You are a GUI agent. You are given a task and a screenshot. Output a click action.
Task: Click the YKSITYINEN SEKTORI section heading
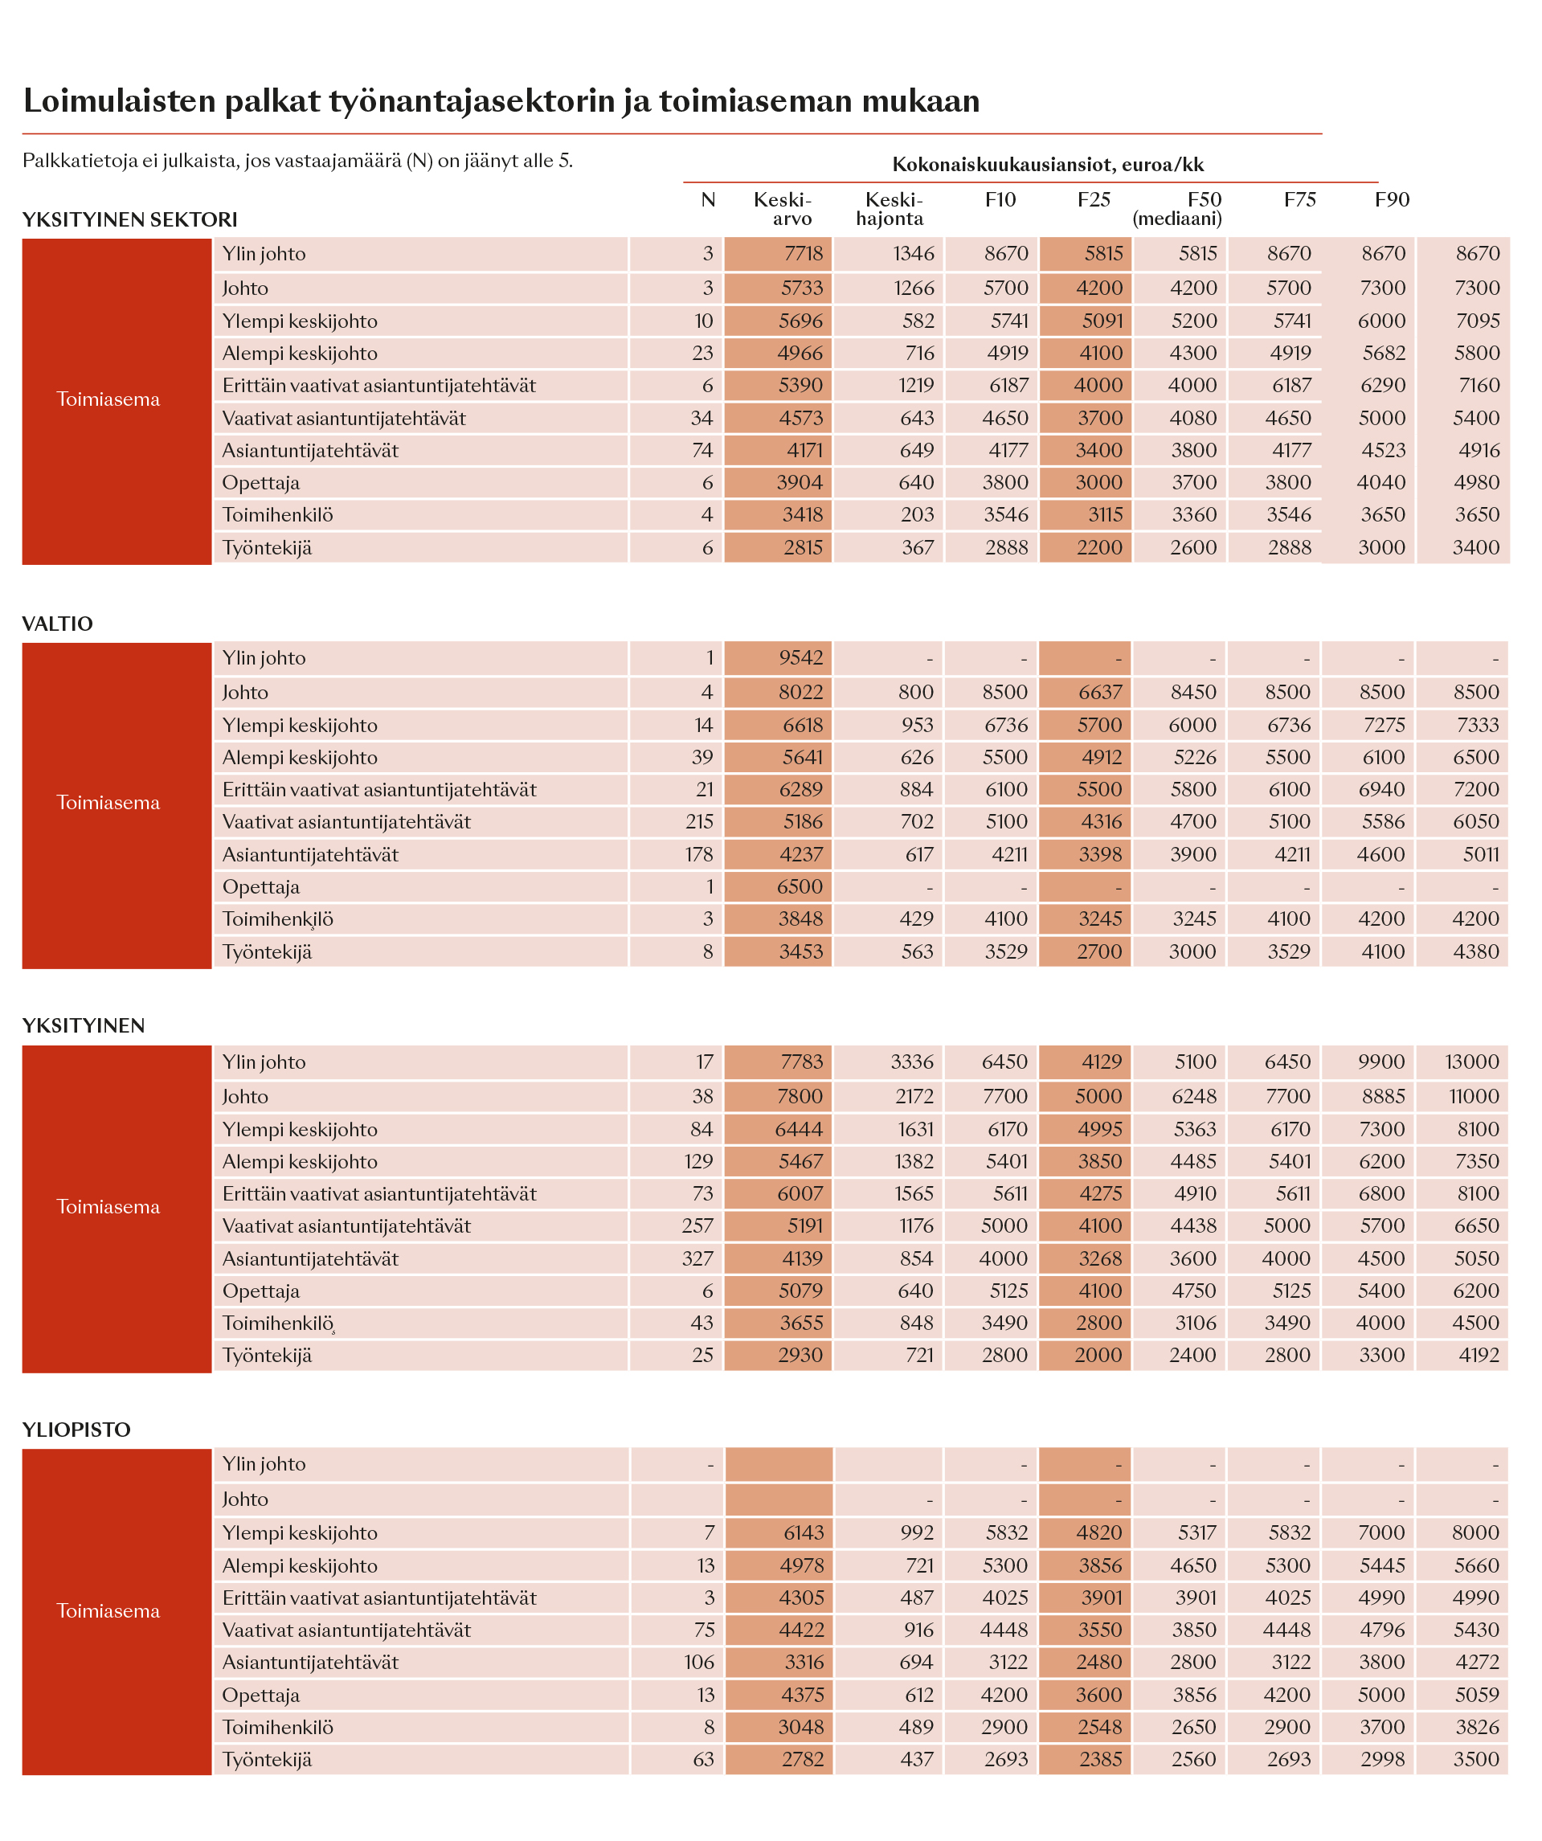(129, 219)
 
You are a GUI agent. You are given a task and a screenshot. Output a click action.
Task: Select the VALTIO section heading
(57, 624)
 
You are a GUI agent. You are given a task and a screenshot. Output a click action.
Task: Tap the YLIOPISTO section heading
(76, 1429)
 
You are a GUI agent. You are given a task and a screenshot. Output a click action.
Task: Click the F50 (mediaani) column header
(1177, 209)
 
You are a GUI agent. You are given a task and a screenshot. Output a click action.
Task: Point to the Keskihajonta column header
(890, 209)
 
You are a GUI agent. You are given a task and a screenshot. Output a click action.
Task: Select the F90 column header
(1392, 200)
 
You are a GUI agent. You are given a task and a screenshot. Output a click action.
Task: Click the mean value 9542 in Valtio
(801, 657)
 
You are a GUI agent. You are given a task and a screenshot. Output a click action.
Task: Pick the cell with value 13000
(1473, 1062)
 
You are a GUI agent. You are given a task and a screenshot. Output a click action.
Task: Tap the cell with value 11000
(1475, 1096)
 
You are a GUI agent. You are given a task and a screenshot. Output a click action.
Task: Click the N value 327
(697, 1258)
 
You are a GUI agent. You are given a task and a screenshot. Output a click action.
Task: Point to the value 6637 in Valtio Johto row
(1100, 692)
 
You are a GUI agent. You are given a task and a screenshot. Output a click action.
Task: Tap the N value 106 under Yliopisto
(700, 1661)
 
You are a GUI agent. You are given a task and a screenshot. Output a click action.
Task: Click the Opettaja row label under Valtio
(261, 886)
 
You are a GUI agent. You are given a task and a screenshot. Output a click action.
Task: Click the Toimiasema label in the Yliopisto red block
(108, 1610)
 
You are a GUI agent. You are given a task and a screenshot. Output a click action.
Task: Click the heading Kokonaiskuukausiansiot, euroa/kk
(1048, 164)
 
